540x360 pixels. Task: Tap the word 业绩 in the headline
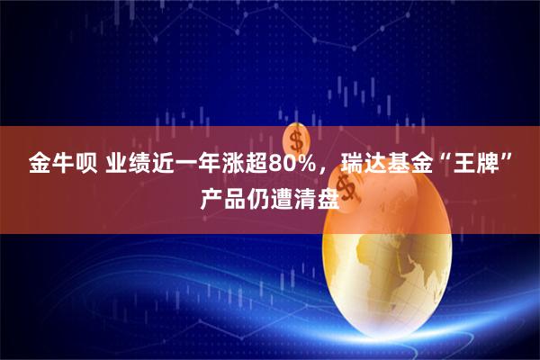pyautogui.click(x=126, y=165)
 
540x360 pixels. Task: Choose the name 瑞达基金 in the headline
pyautogui.click(x=371, y=165)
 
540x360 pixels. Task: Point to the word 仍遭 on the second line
pyautogui.click(x=270, y=196)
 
